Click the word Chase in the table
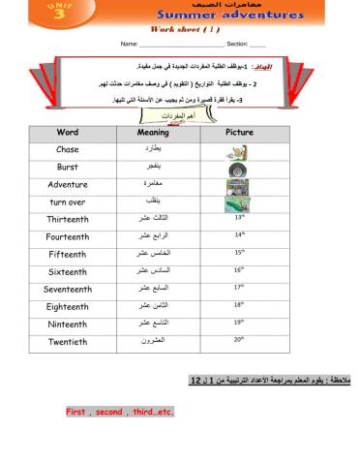[68, 149]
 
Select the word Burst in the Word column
[68, 167]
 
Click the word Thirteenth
[68, 219]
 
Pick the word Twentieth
[68, 341]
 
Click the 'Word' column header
[68, 132]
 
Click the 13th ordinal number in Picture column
[240, 218]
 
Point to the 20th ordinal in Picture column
[240, 340]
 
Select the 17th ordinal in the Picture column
[240, 288]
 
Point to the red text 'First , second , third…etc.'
[119, 412]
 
